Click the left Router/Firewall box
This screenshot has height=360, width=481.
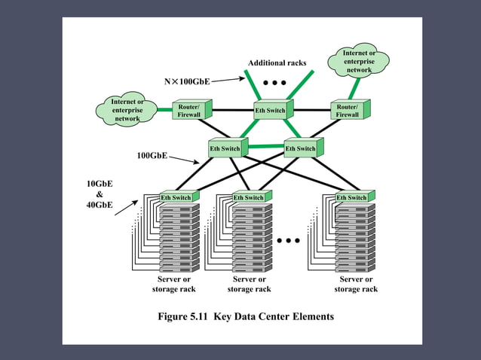[189, 111]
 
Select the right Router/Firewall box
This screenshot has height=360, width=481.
[348, 111]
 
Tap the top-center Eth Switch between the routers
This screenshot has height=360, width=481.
[270, 111]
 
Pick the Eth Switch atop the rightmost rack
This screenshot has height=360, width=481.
[351, 197]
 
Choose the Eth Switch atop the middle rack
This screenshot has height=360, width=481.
[249, 197]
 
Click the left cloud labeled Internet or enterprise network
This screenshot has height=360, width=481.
[127, 110]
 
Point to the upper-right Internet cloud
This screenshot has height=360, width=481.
[359, 61]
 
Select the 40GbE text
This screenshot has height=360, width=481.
[100, 204]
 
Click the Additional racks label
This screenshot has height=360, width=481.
[277, 63]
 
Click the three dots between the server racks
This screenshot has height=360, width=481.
[289, 241]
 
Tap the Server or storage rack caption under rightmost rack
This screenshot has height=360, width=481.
[356, 284]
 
